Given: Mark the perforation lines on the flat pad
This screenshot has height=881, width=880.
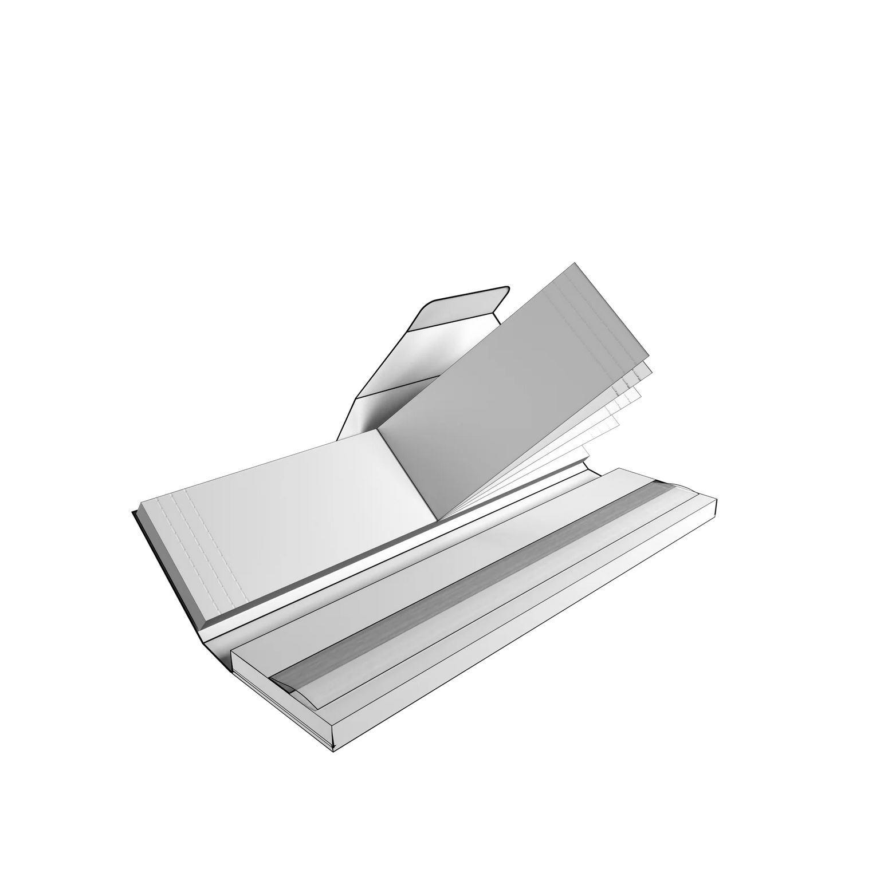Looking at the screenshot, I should click(x=195, y=550).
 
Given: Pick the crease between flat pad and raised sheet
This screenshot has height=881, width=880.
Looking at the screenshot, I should click(x=407, y=475).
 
